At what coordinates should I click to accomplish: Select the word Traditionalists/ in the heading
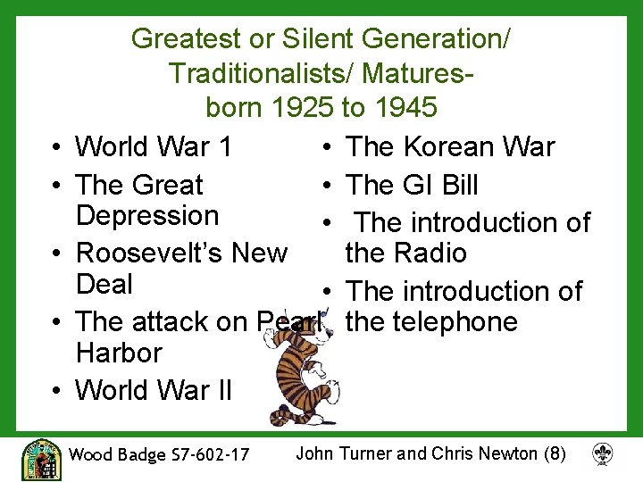[x=255, y=73]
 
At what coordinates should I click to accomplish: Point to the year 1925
[x=303, y=108]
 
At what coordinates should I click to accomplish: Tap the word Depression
[x=147, y=216]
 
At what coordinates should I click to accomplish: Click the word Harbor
[x=119, y=353]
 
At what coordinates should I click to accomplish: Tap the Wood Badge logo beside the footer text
[x=41, y=459]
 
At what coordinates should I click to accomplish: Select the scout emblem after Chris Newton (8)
[x=603, y=454]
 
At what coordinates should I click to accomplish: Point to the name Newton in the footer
[x=507, y=453]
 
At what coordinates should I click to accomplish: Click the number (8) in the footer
[x=555, y=453]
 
